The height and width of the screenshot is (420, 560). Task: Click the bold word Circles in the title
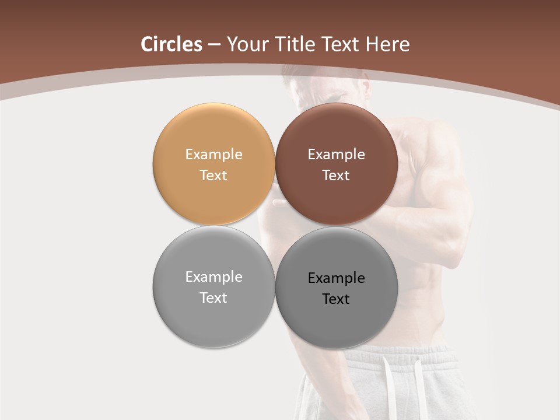click(x=171, y=44)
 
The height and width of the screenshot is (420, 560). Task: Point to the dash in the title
click(x=214, y=45)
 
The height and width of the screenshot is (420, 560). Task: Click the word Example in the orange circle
click(x=213, y=155)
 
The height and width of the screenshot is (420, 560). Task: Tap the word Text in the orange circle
click(x=213, y=176)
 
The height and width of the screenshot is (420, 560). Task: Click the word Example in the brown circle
click(x=336, y=155)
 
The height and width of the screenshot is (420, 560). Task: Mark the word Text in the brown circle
click(x=336, y=176)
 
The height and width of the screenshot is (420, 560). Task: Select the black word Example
click(x=336, y=278)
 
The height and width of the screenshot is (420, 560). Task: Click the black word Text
click(x=336, y=299)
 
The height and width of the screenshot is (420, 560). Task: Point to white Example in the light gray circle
click(x=213, y=277)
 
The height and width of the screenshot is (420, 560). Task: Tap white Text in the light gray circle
click(x=213, y=298)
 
